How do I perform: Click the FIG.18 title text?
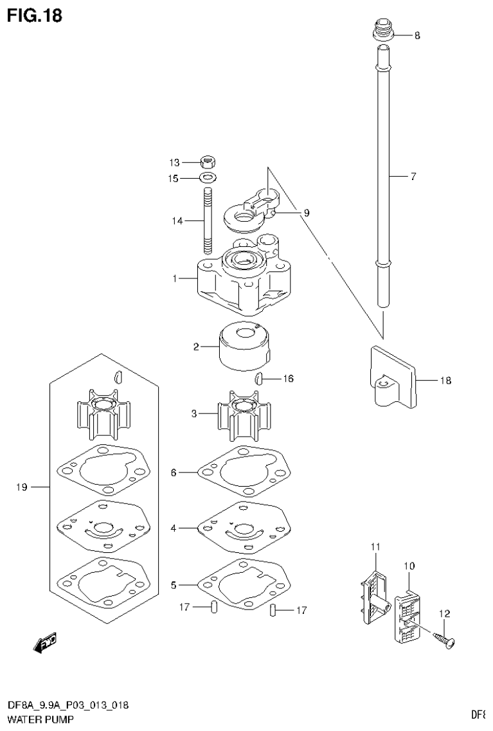pyautogui.click(x=35, y=15)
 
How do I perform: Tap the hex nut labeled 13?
pyautogui.click(x=207, y=163)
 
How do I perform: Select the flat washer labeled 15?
pyautogui.click(x=207, y=177)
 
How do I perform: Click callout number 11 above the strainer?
pyautogui.click(x=376, y=546)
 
